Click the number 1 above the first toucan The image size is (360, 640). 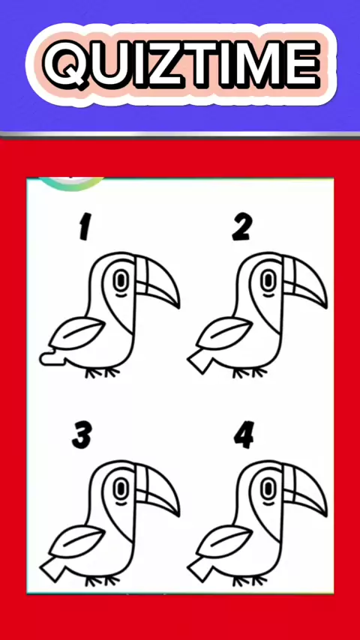85,226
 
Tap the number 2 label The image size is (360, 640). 242,226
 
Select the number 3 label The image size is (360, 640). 82,435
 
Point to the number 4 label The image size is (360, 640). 244,435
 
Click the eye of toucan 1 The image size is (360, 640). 120,280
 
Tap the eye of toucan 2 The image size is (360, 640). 268,280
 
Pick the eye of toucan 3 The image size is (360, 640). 120,489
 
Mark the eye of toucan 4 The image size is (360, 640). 268,489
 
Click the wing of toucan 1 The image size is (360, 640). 76,333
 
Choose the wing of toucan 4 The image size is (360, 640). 225,541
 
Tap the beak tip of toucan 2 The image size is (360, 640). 325,307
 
